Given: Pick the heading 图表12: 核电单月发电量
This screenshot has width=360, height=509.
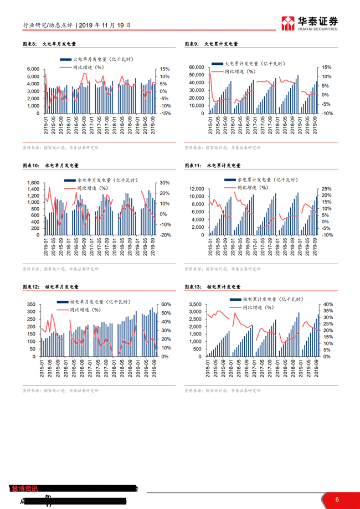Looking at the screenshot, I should pyautogui.click(x=50, y=287).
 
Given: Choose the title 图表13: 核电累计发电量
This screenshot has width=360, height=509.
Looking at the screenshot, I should pyautogui.click(x=212, y=287).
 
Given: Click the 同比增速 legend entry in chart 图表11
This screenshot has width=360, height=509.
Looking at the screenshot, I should pyautogui.click(x=253, y=188).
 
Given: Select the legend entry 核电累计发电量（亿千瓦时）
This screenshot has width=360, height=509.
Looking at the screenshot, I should pyautogui.click(x=266, y=299).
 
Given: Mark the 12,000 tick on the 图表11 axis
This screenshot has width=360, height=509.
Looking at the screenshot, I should pyautogui.click(x=197, y=189).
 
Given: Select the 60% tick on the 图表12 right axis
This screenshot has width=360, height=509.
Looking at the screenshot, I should pyautogui.click(x=165, y=305).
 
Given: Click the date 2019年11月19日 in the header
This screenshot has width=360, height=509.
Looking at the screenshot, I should pyautogui.click(x=105, y=25).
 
